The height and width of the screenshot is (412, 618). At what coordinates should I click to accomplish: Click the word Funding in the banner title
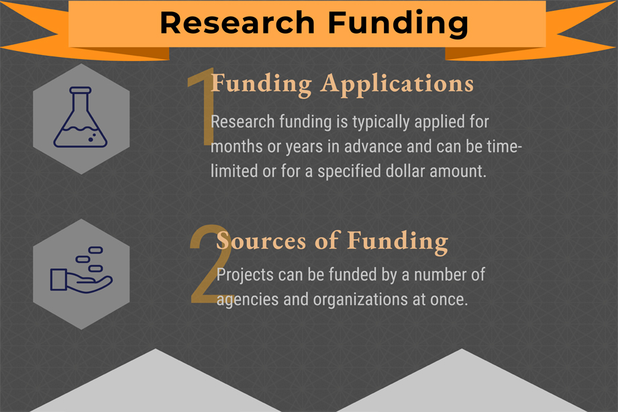[399, 22]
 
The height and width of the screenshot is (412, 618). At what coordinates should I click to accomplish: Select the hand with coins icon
[81, 271]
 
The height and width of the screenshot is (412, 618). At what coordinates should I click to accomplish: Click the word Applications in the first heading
[397, 83]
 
